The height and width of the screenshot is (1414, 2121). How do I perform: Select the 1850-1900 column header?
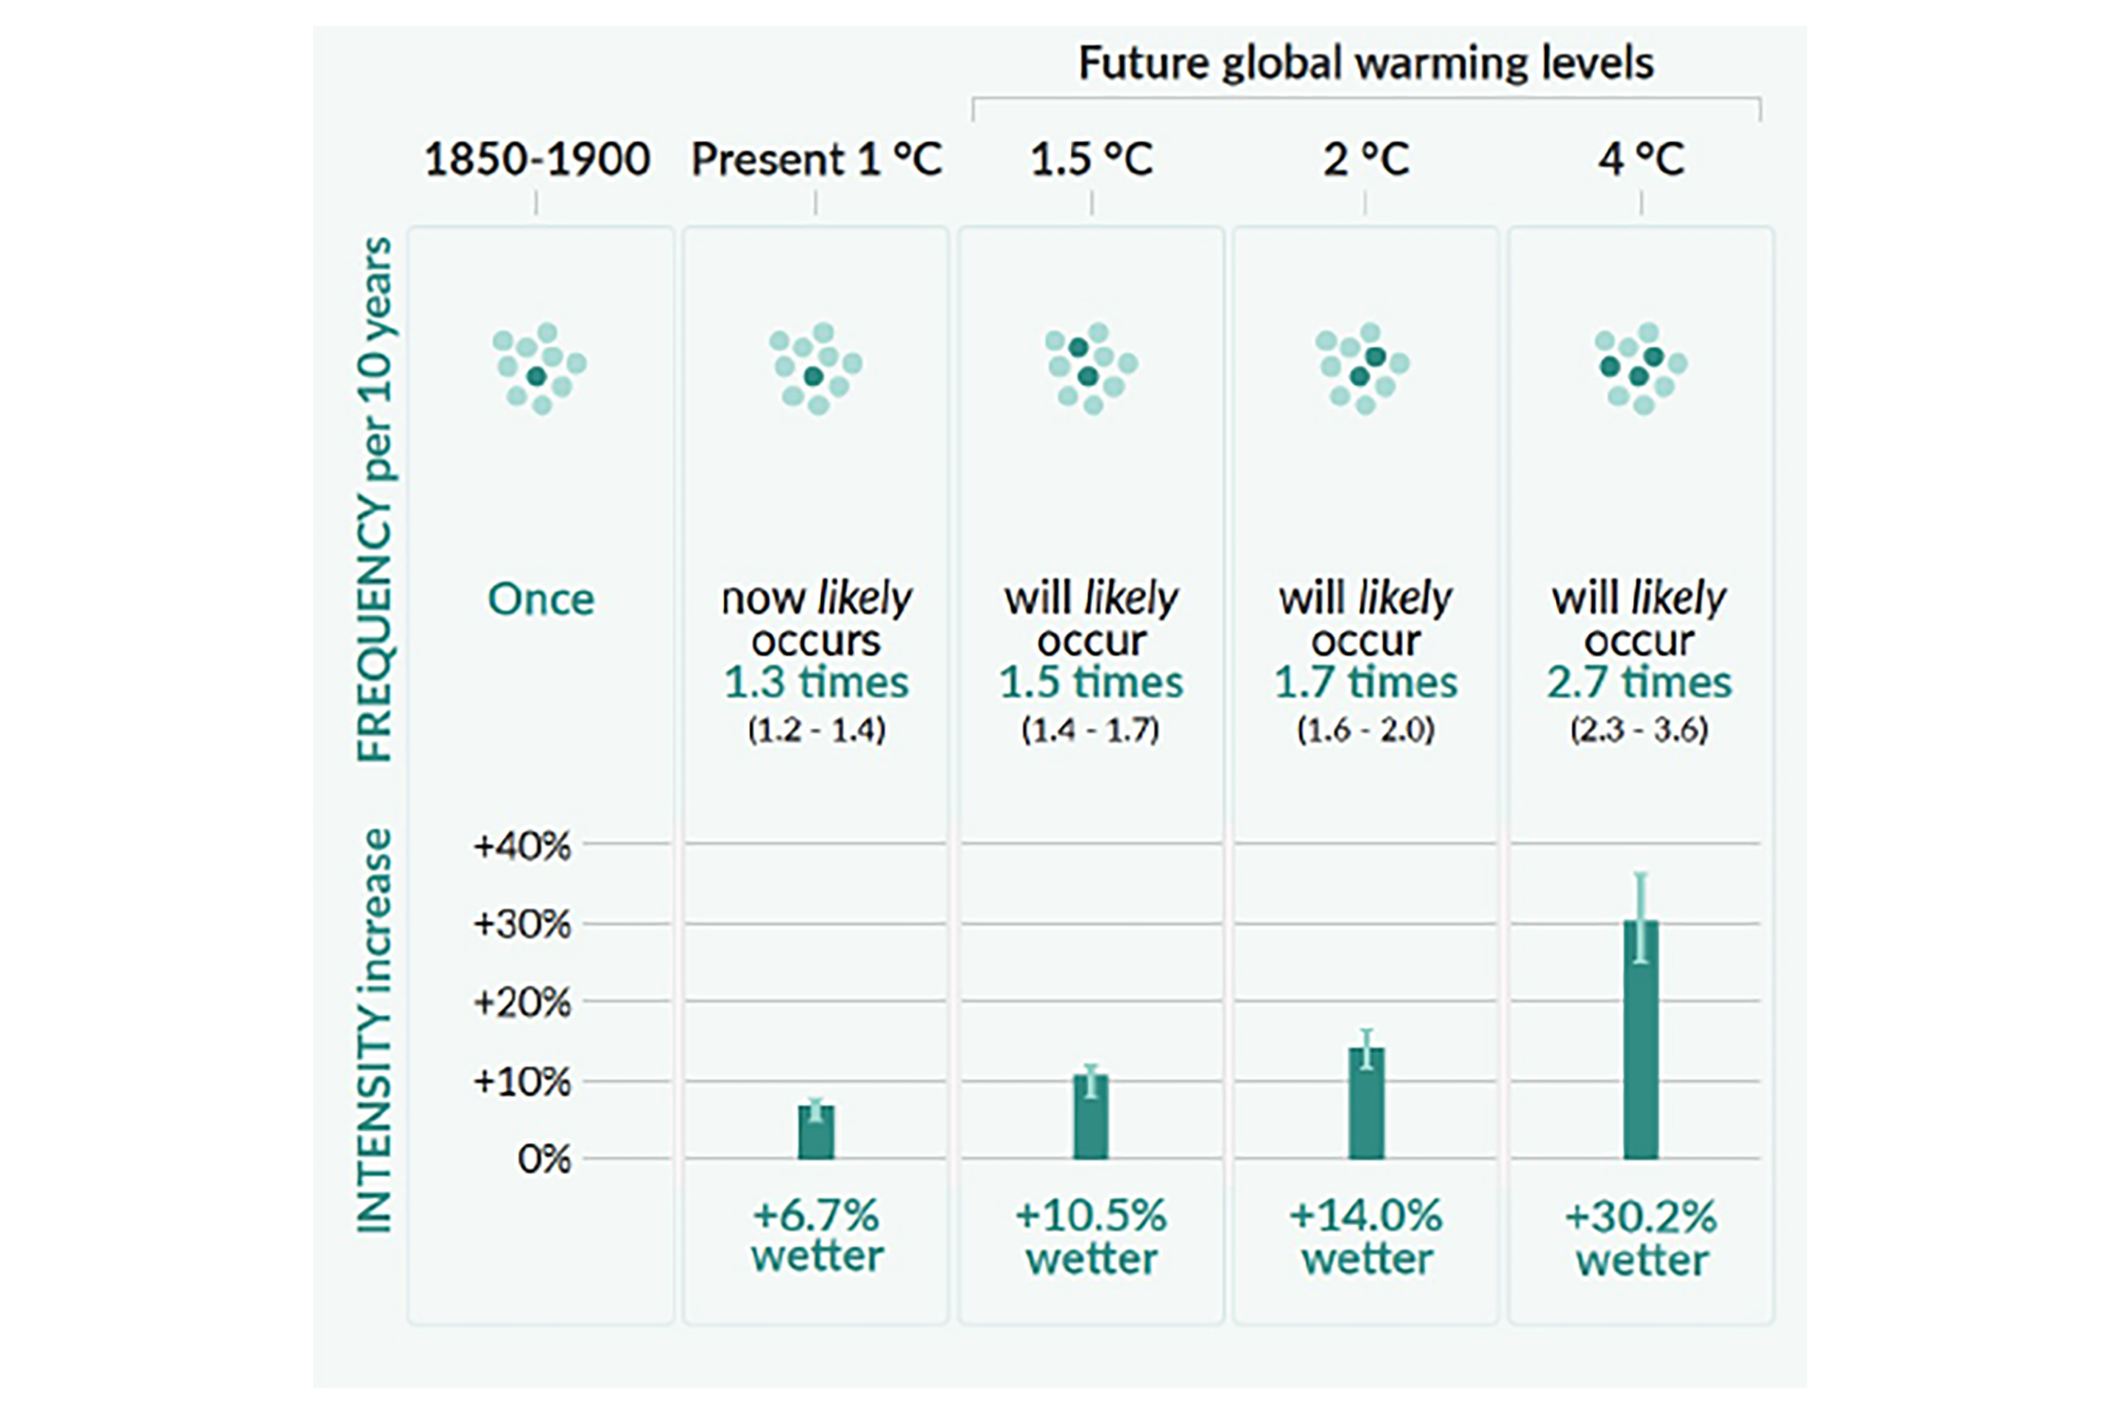[537, 160]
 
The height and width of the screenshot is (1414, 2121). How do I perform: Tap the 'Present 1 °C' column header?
[816, 160]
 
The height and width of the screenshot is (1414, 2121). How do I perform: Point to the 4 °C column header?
[1640, 160]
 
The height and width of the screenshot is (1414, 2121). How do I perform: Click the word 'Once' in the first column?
[541, 599]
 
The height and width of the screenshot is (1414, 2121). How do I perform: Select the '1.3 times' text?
[816, 683]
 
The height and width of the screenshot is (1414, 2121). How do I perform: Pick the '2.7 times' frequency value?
[1639, 683]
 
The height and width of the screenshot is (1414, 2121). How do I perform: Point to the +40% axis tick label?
[522, 846]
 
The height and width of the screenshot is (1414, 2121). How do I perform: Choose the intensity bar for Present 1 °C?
[816, 1134]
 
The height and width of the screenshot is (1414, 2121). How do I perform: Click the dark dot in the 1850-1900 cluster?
[537, 376]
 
